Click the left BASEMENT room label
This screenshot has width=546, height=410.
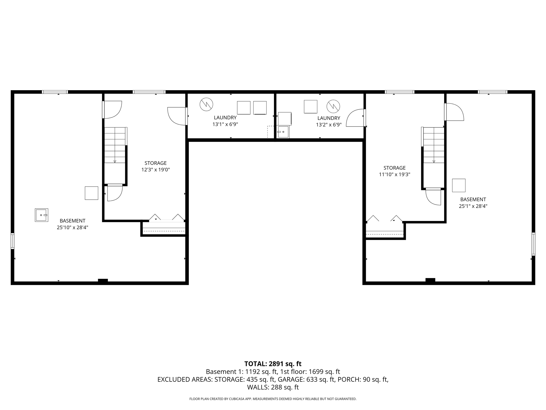(72, 221)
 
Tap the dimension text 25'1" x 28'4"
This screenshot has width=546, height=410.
(473, 206)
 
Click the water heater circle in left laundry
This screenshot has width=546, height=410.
(206, 104)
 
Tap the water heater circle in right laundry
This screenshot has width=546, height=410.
(333, 106)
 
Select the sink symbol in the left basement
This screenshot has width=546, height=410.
(42, 215)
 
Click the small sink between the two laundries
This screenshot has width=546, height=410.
(283, 132)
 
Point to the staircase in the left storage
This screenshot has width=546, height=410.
(115, 145)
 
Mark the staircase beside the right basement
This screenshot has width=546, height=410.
(434, 145)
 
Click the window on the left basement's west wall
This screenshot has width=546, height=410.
(12, 241)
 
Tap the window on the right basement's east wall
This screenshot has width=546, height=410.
(533, 244)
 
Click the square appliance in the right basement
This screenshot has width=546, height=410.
(459, 186)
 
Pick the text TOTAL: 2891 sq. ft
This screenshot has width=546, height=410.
(273, 364)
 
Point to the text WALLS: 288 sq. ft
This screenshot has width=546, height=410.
(273, 387)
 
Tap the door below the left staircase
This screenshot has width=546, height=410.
(115, 193)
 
